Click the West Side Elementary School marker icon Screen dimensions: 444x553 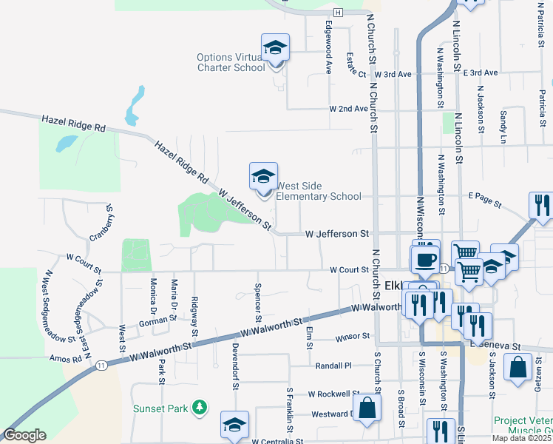tap(262, 177)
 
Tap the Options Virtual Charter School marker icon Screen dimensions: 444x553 tap(275, 49)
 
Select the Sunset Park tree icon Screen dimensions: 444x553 tap(198, 407)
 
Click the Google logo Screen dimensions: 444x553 tap(24, 435)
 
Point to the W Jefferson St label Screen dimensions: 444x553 tap(337, 234)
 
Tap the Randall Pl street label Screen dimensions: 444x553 tap(333, 366)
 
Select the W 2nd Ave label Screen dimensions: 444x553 tap(349, 109)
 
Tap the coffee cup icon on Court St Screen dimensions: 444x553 tap(425, 258)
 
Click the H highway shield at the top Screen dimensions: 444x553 tap(338, 13)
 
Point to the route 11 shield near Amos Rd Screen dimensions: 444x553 tap(101, 366)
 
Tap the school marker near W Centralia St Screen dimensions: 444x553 tap(234, 425)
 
